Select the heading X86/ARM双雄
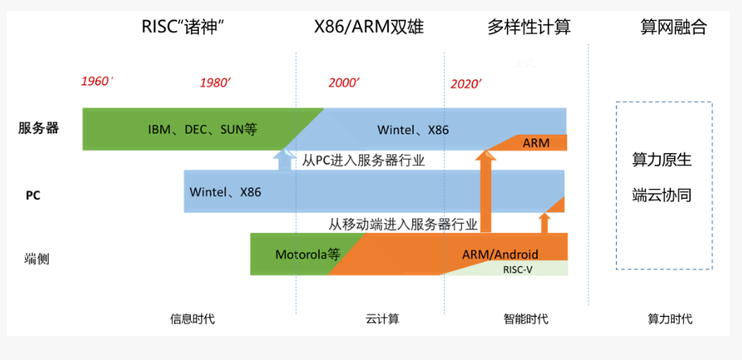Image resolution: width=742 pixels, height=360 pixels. (x=369, y=27)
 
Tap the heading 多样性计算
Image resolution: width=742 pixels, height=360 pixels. (x=528, y=27)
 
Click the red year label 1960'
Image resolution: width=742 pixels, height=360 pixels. (x=97, y=81)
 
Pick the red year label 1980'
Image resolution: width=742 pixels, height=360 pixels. (x=216, y=83)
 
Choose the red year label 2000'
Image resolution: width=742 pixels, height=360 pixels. (x=344, y=83)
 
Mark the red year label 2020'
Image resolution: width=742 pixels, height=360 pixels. (x=466, y=84)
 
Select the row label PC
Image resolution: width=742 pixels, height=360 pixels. (x=32, y=195)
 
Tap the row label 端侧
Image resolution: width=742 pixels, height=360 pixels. (x=36, y=259)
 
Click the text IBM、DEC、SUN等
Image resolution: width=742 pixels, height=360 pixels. (x=203, y=129)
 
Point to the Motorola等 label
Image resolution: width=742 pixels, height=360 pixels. (x=308, y=254)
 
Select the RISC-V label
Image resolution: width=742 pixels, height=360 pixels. (x=523, y=269)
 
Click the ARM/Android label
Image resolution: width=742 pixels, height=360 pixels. (x=500, y=254)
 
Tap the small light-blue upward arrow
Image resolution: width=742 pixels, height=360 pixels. (x=284, y=159)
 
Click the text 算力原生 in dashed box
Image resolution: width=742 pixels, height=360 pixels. (x=662, y=160)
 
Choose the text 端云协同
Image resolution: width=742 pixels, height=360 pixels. (x=662, y=195)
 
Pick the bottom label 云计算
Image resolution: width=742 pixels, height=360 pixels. (x=382, y=318)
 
